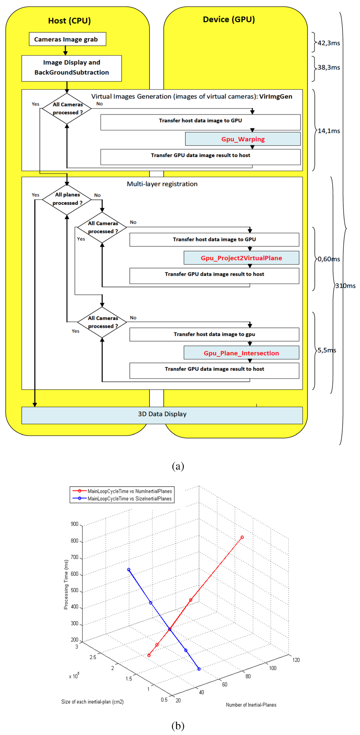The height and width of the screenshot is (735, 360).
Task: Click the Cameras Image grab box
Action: (x=67, y=39)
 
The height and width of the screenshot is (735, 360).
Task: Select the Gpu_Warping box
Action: (x=243, y=139)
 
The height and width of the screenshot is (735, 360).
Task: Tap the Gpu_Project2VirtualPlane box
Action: (x=241, y=258)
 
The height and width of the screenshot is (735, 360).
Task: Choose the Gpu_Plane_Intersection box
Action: (x=241, y=353)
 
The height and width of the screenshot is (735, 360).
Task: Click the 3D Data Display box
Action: (x=162, y=414)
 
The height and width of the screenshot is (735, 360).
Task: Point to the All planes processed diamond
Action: (x=67, y=199)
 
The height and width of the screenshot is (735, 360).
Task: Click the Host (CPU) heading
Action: (x=69, y=21)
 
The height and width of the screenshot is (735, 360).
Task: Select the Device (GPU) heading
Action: (x=229, y=19)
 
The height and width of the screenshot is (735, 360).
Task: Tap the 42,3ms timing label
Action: (x=329, y=43)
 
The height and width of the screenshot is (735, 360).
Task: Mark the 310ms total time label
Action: (x=345, y=286)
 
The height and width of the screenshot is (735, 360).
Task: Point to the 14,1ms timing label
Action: (x=329, y=131)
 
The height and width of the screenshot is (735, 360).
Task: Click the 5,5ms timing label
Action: (x=327, y=350)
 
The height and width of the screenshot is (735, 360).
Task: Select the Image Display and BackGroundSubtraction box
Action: (x=71, y=68)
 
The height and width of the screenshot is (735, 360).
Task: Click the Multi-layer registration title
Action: (x=162, y=184)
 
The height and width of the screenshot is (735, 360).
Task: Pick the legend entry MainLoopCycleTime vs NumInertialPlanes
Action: (x=129, y=491)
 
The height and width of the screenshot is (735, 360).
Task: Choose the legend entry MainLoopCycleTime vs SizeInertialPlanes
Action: (x=129, y=499)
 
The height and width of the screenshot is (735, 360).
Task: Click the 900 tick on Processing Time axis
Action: (x=75, y=524)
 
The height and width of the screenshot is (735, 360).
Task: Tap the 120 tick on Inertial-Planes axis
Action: (x=296, y=660)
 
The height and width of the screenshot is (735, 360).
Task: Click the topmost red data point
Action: (x=242, y=537)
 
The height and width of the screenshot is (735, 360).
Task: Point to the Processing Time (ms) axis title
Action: (x=66, y=584)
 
